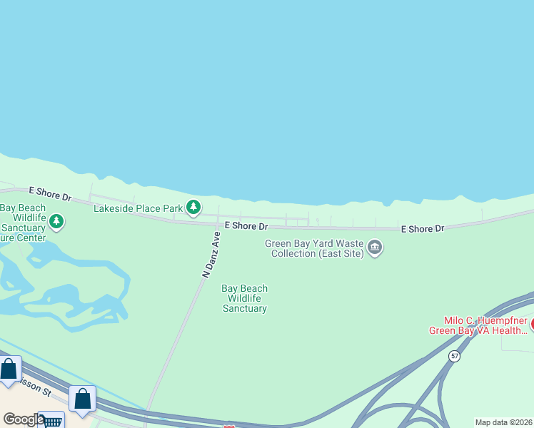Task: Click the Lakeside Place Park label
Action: pos(138,208)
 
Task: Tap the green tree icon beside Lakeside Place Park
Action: pos(193,208)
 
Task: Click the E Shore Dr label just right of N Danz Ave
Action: pos(246,226)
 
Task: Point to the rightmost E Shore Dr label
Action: pos(423,229)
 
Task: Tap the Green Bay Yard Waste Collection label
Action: pos(314,248)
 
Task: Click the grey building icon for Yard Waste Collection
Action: pos(375,248)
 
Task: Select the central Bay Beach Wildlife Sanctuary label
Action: pos(244,299)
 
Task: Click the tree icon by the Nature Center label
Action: pos(56,222)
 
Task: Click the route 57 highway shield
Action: pos(454,356)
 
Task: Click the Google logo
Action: pos(23,420)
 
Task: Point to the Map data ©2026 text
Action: pos(504,422)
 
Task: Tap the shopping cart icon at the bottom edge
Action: pos(52,421)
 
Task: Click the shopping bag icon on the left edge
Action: pos(9,370)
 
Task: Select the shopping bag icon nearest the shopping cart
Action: pos(83,399)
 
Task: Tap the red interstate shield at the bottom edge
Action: pos(229,426)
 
